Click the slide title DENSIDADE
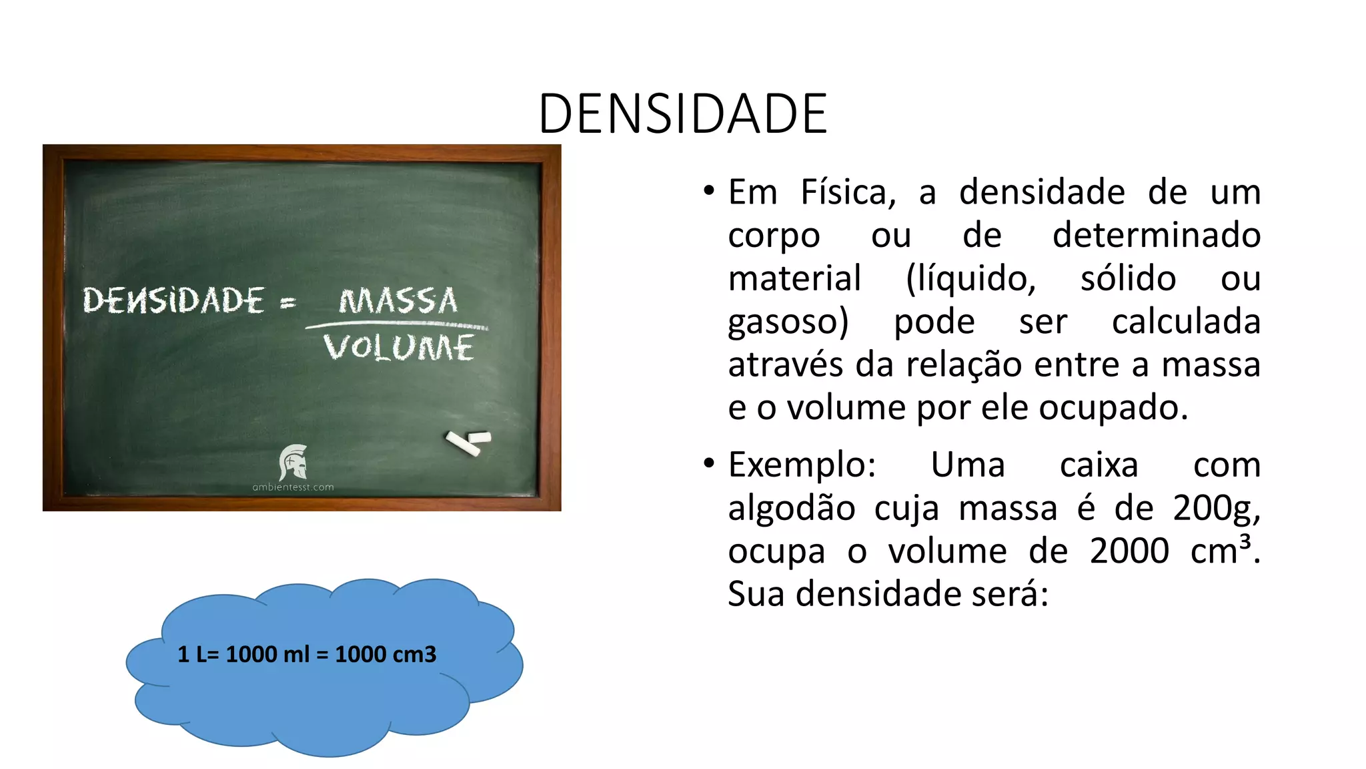(x=682, y=113)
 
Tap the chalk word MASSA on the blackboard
(x=398, y=301)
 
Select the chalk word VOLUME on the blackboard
(x=399, y=348)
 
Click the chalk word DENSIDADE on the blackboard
(x=173, y=300)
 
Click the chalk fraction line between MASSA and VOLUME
(x=397, y=326)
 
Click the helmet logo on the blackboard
(x=293, y=462)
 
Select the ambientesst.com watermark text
(x=293, y=487)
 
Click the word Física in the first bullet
(x=848, y=192)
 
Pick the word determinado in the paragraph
(x=1156, y=235)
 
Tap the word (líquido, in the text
(x=970, y=278)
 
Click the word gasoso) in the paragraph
(x=788, y=322)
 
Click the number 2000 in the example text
(x=1129, y=551)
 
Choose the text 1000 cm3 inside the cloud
(x=386, y=654)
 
